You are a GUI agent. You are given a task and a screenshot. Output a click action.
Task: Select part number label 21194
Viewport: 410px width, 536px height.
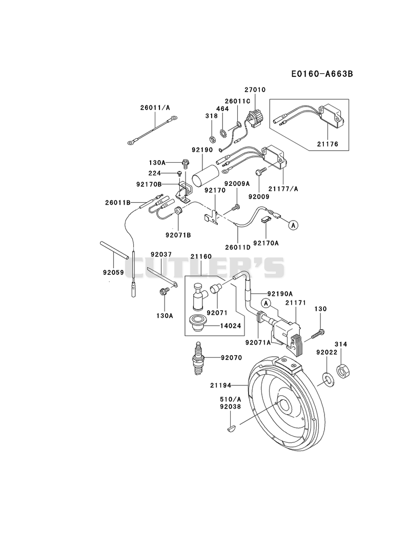[220, 385]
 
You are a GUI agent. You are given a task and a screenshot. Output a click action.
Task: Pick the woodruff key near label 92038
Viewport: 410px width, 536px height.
[232, 427]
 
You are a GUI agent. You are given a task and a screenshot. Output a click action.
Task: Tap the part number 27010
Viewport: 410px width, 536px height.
[255, 90]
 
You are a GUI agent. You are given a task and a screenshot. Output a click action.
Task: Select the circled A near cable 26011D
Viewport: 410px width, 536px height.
[293, 225]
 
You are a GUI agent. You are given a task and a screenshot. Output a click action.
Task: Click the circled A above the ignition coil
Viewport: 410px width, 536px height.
[266, 303]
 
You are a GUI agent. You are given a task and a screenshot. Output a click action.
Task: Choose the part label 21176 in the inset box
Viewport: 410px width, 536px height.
[327, 144]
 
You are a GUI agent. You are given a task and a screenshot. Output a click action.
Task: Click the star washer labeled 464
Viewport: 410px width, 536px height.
[222, 131]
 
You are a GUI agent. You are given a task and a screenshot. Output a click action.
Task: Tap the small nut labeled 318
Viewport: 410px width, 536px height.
[212, 139]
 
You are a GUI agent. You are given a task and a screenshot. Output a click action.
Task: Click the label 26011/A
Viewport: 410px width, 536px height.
[155, 108]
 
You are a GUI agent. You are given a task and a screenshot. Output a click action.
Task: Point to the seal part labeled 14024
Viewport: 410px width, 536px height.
[196, 323]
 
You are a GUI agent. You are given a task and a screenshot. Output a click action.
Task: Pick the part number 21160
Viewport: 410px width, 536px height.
[201, 256]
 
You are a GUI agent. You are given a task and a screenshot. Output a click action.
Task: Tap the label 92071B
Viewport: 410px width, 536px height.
[178, 235]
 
